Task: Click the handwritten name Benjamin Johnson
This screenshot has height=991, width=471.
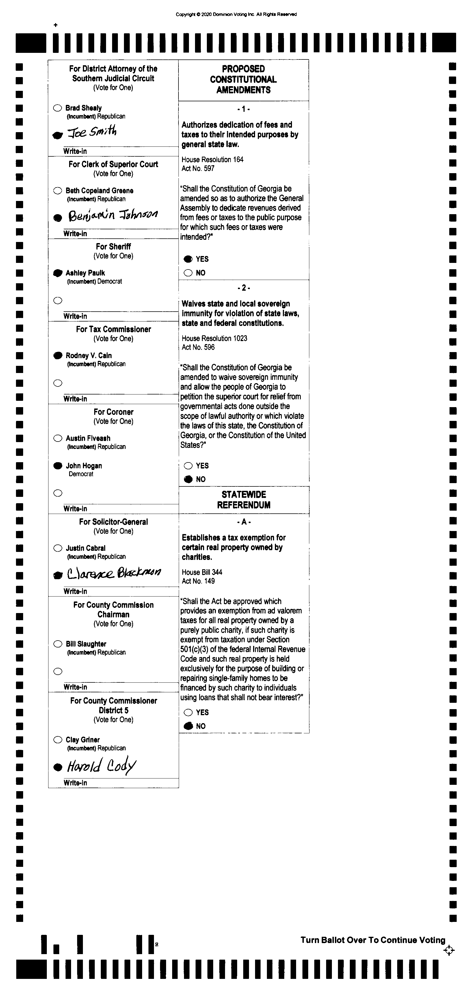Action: tap(113, 215)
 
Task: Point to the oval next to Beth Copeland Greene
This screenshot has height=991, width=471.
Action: tap(58, 190)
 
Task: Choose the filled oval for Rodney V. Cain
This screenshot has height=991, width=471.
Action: tap(58, 355)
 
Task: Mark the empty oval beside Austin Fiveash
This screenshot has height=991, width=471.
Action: tap(58, 438)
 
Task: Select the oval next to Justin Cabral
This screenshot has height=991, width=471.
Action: tap(58, 548)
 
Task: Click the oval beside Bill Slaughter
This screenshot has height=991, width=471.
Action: tap(58, 644)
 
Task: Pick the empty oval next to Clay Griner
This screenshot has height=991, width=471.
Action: tap(58, 740)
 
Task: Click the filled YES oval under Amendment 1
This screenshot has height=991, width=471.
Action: tap(188, 259)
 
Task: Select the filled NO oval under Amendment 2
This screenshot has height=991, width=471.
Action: tap(188, 479)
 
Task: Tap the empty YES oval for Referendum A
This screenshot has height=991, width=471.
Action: tap(188, 712)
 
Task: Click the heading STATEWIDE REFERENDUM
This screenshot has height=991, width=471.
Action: tap(243, 500)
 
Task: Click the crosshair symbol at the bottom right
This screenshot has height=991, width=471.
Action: tap(449, 951)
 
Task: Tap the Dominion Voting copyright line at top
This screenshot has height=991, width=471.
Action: tap(236, 15)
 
